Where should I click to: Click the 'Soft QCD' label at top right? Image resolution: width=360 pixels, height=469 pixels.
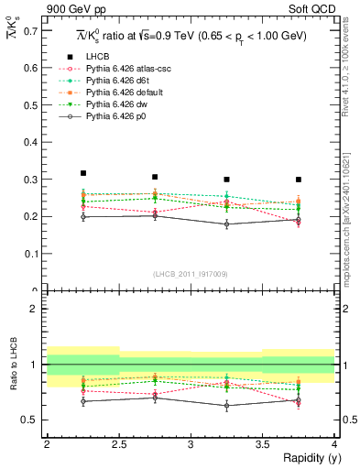coord(312,8)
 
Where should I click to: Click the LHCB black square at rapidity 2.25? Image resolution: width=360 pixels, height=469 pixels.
coord(82,173)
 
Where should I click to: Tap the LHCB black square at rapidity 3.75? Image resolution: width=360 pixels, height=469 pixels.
coord(299,180)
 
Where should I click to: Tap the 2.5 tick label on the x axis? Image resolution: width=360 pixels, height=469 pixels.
coord(118,444)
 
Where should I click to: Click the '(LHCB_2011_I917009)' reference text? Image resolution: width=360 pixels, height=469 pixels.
coord(190,274)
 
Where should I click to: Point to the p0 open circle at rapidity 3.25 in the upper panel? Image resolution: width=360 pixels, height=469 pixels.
coord(226,224)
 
